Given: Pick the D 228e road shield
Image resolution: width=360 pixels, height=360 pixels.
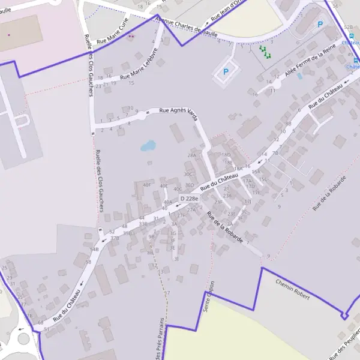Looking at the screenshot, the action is tap(188, 199).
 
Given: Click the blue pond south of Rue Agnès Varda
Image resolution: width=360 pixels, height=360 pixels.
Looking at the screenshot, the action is tap(148, 145).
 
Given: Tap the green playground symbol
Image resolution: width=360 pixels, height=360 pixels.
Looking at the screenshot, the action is tap(265, 51).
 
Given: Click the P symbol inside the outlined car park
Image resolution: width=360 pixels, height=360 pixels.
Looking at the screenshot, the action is tap(226, 71).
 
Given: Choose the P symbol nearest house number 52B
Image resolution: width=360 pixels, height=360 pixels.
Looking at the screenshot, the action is tap(320, 25).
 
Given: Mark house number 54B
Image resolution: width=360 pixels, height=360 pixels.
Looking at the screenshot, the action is tap(94, 249).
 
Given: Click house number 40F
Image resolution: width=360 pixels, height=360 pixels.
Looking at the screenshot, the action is tap(147, 185).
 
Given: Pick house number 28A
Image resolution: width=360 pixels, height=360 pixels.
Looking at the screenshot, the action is tap(192, 155).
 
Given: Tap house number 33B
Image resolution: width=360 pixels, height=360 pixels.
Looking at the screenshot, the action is tap(143, 223).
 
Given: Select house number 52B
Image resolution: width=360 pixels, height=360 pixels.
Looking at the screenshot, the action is tap(349, 28).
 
